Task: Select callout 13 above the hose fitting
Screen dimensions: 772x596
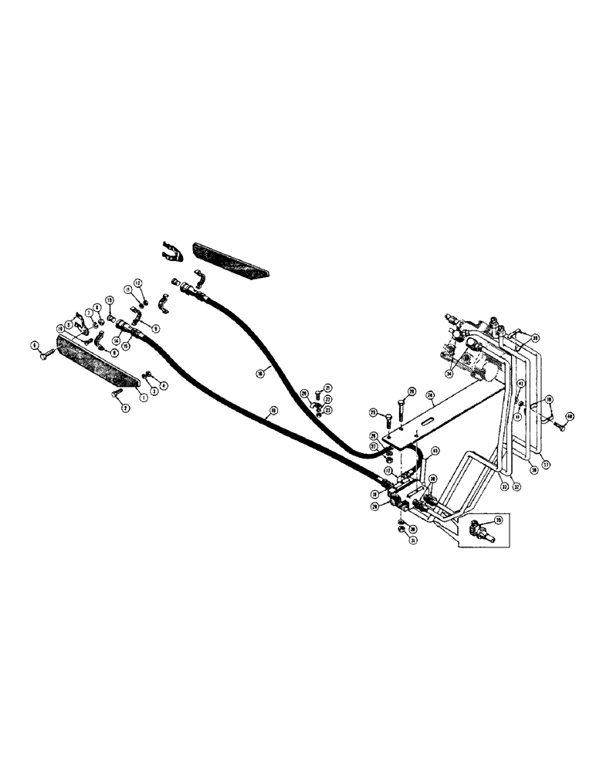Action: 109,300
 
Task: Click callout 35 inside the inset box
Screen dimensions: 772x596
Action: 496,521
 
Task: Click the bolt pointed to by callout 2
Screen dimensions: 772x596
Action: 117,396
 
